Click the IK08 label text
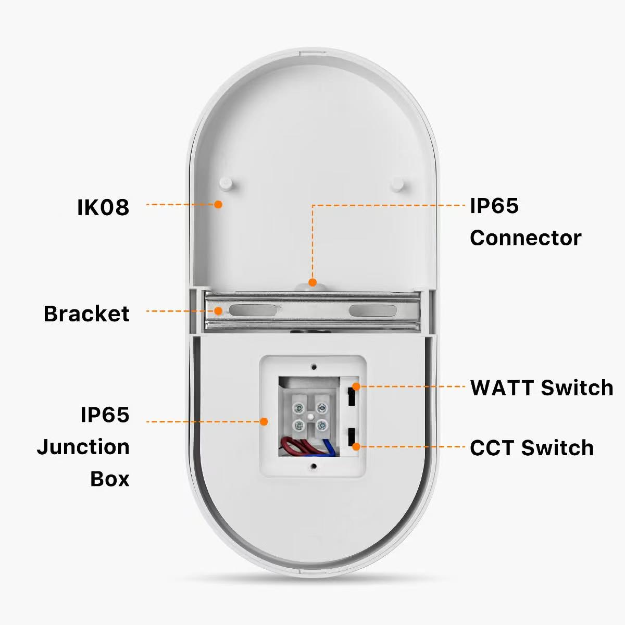tap(103, 207)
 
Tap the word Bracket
tap(86, 314)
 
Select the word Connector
tap(525, 238)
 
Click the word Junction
tap(83, 447)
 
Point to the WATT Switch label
tap(542, 387)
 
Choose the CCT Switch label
tap(531, 448)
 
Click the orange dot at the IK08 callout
tap(219, 204)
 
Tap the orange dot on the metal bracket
tap(219, 311)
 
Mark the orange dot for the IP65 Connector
tap(312, 282)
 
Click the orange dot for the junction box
tap(264, 421)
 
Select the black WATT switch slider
tap(352, 397)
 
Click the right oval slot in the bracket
tap(372, 311)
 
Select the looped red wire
tap(292, 445)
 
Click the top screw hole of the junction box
tap(313, 367)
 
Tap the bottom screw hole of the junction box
tap(313, 466)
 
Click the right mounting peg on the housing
tap(397, 183)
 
